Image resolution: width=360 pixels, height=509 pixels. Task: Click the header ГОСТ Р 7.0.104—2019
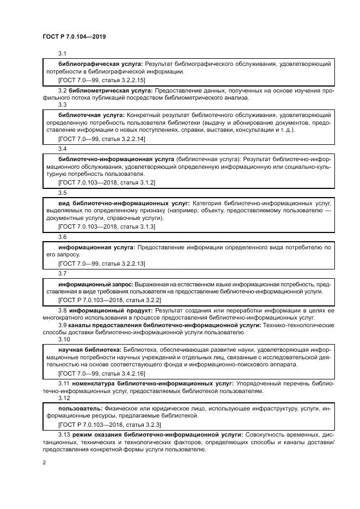click(x=74, y=36)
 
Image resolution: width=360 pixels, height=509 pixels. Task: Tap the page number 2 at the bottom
click(x=44, y=463)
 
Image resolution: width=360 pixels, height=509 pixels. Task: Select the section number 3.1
click(x=62, y=53)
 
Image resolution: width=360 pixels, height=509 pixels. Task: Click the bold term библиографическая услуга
click(x=100, y=64)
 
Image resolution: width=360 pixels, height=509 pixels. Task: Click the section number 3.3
click(x=62, y=105)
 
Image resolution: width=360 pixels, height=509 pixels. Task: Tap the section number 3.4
click(x=62, y=149)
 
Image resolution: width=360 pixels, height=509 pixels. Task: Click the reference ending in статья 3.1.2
click(x=107, y=183)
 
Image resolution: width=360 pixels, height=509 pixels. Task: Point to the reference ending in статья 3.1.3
click(x=107, y=226)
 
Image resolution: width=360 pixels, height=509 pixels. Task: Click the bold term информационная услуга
click(x=96, y=247)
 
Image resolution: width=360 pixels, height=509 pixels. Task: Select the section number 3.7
click(x=62, y=273)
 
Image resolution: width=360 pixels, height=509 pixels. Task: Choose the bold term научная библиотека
click(x=89, y=349)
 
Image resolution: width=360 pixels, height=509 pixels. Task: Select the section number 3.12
click(x=64, y=397)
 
